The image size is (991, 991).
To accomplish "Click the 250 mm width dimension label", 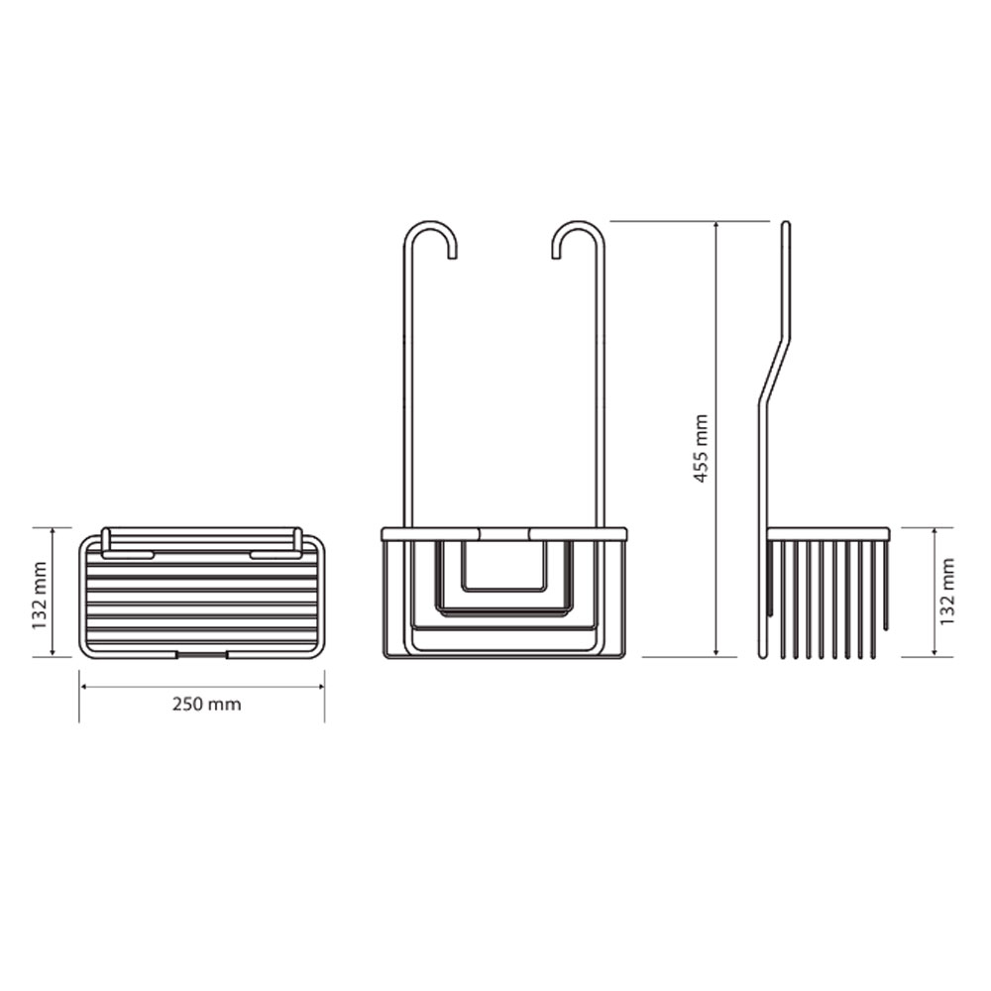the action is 207,704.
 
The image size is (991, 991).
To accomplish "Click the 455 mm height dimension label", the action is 701,449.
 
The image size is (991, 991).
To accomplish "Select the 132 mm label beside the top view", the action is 40,596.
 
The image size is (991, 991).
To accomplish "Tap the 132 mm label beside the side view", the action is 946,592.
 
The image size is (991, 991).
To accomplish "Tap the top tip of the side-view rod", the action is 786,222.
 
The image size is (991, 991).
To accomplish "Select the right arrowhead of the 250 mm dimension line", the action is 320,687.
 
